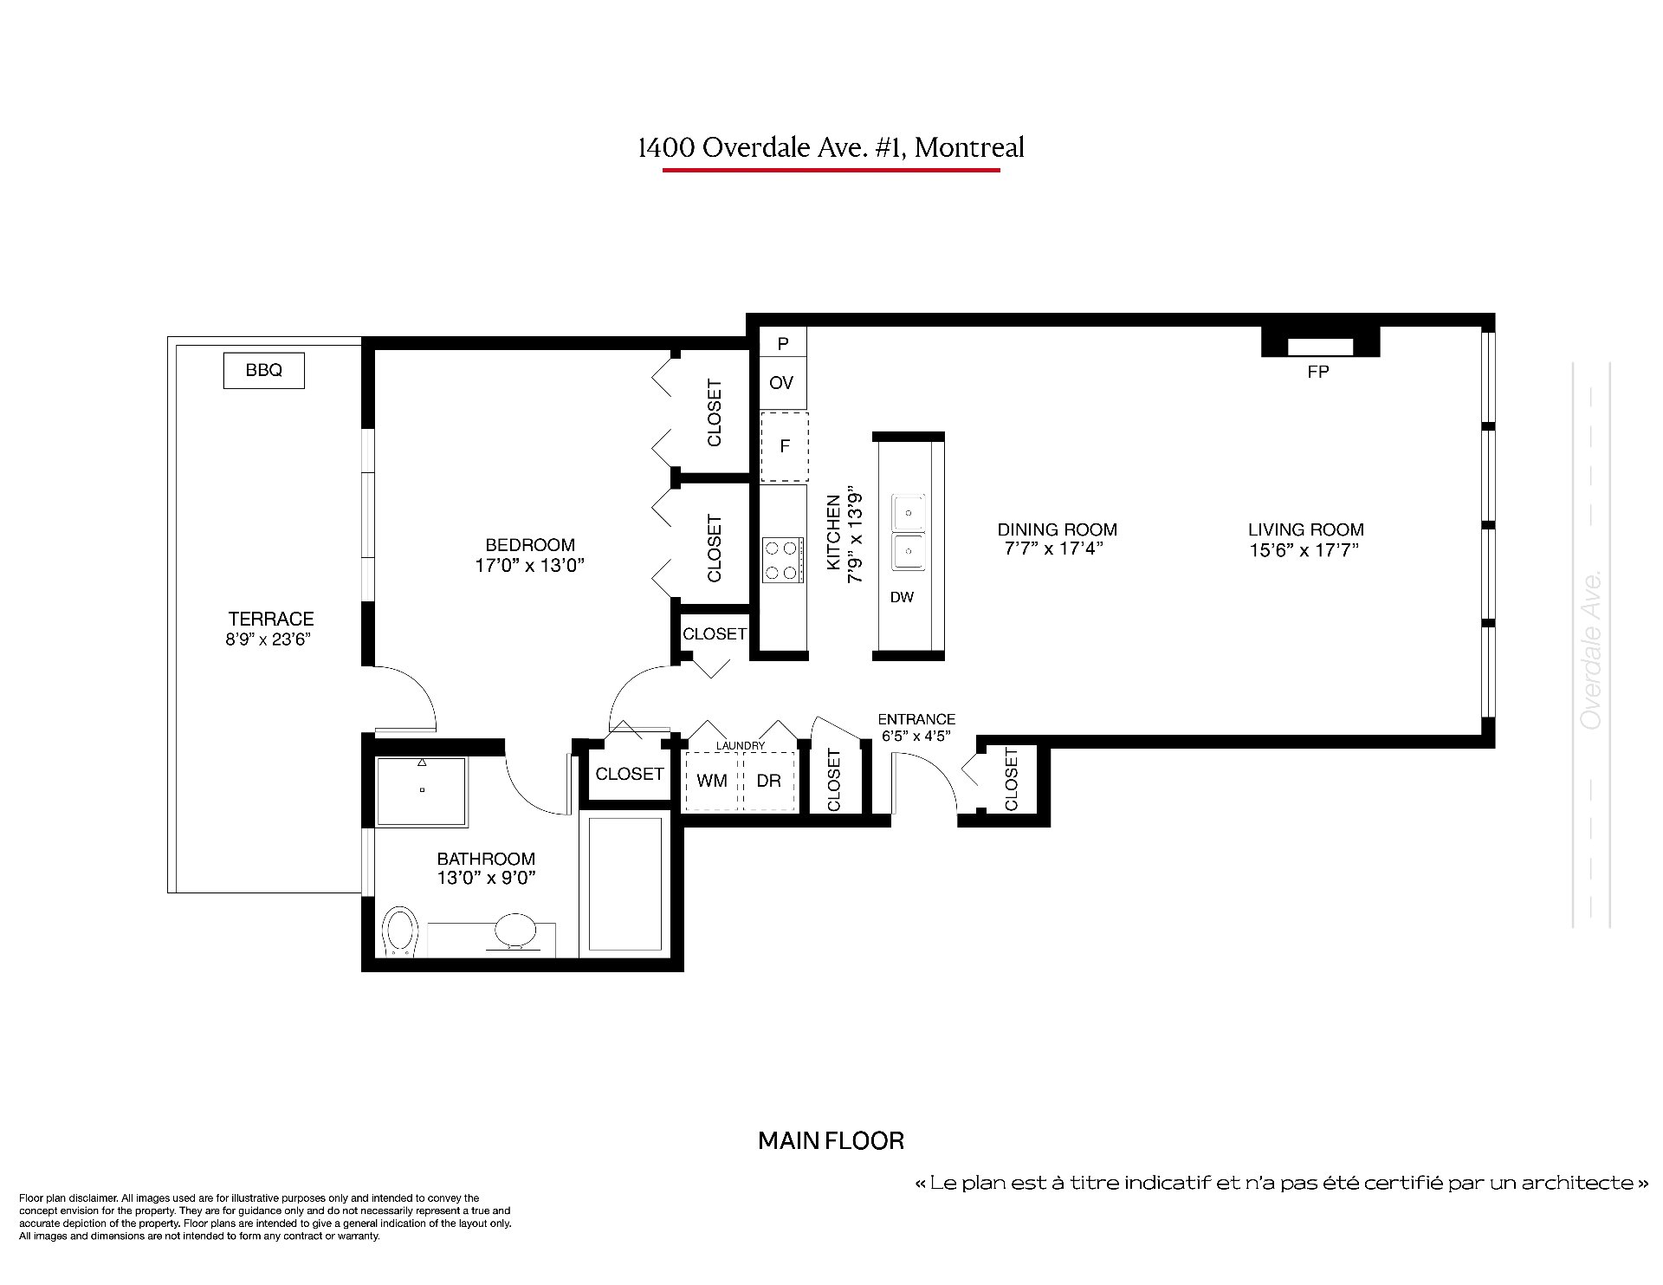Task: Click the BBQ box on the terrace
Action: point(264,370)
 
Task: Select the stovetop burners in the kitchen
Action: point(781,560)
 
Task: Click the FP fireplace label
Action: point(1318,372)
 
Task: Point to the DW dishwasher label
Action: point(902,597)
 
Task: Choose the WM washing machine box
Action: point(712,781)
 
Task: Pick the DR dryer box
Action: point(769,781)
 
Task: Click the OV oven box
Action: point(782,383)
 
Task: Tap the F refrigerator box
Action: point(785,446)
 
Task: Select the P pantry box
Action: point(783,343)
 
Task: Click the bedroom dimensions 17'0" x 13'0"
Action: point(530,566)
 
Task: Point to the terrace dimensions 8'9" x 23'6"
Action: point(269,639)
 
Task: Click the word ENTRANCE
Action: point(916,719)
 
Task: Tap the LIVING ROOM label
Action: point(1306,529)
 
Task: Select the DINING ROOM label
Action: point(1058,529)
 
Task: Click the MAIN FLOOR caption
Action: point(831,1141)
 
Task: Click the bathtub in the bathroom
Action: point(625,884)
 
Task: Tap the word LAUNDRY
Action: point(741,746)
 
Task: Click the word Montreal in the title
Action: point(969,147)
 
